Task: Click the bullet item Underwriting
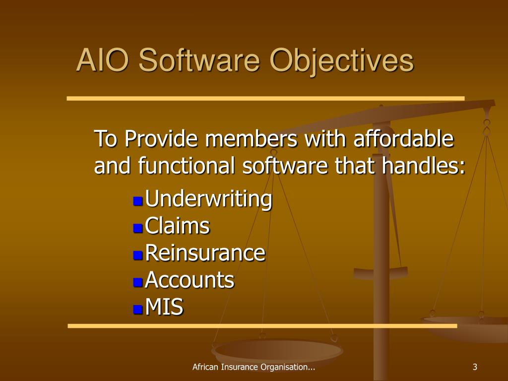pos(209,199)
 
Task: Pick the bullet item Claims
pos(178,227)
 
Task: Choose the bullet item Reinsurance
pos(205,254)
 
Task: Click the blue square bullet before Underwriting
pos(138,201)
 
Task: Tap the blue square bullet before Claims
pos(138,228)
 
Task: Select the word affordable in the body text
pos(403,139)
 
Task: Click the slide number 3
pos(475,367)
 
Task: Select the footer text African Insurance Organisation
pos(254,367)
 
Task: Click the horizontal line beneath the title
pos(265,98)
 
